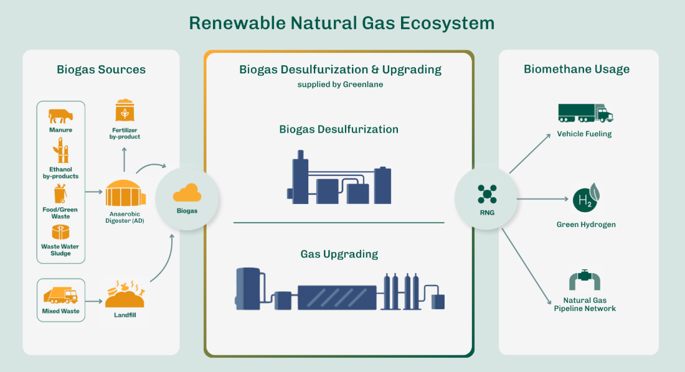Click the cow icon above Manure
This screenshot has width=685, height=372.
click(x=60, y=116)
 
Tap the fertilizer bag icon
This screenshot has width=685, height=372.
click(x=125, y=111)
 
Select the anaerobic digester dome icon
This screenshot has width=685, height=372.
click(x=125, y=193)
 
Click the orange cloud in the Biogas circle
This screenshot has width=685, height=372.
click(x=187, y=193)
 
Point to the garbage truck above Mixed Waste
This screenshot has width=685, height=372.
click(x=60, y=295)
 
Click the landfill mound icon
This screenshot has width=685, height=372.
click(x=125, y=295)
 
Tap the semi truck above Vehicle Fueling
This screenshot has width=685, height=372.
click(x=585, y=113)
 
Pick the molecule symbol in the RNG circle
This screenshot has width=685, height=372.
click(x=487, y=194)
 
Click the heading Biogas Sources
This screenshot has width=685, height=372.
click(x=101, y=70)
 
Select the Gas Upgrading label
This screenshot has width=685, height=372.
click(x=339, y=254)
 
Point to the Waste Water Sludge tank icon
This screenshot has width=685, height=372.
click(x=60, y=233)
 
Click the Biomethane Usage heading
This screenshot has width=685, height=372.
click(x=577, y=69)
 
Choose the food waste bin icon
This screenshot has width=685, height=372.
click(x=60, y=193)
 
